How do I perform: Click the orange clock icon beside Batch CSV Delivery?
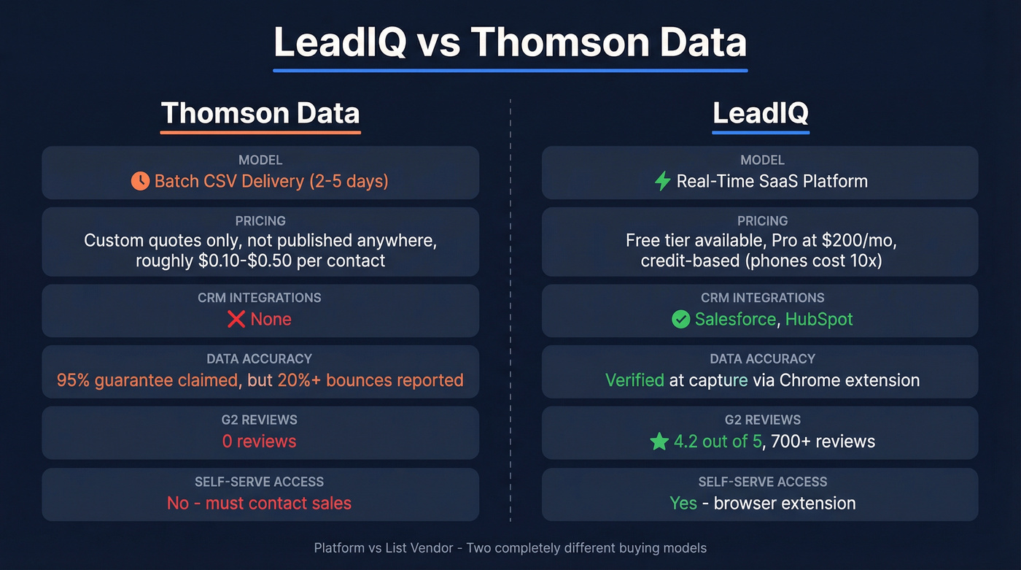coord(140,181)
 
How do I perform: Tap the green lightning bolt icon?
coord(662,181)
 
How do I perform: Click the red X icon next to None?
coord(236,319)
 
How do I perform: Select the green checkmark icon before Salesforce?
coord(680,319)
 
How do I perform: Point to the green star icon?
coord(659,442)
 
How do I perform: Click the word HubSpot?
coord(818,319)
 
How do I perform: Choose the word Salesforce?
coord(735,319)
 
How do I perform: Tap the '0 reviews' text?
coord(260,442)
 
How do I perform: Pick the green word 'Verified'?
coord(634,380)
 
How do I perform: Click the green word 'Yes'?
coord(683,503)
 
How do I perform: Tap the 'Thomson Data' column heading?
coord(260,113)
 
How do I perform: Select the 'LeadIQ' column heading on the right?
coord(760,113)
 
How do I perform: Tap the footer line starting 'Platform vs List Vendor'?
coord(510,547)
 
